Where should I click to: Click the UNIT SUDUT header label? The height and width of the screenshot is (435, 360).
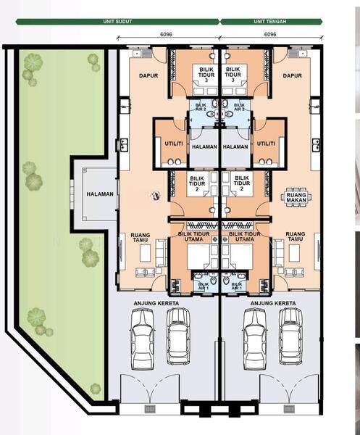coord(117,21)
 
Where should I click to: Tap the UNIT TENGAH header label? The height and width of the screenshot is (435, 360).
coord(270,21)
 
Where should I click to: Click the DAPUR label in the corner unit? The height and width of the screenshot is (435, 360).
coord(148,75)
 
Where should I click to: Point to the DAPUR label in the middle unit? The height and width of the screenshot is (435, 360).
coord(293,75)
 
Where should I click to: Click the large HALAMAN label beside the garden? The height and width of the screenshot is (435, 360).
coord(100,194)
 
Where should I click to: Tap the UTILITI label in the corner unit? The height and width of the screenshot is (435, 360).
coord(174,144)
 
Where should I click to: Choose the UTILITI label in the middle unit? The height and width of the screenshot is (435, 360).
coord(266,144)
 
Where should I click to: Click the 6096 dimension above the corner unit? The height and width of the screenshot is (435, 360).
coord(166,34)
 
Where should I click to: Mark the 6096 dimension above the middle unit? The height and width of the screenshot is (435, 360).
coord(270,34)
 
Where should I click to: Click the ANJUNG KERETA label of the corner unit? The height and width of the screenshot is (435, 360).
coord(156,304)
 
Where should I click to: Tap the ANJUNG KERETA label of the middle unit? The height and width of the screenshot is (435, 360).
coord(273,304)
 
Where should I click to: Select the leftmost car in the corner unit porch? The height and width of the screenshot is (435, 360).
coord(143,339)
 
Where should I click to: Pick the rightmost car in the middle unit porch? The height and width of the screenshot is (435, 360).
coord(290,336)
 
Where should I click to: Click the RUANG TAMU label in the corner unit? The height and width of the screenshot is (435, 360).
coord(141,237)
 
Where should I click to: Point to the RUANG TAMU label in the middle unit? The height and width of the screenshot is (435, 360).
coord(296,236)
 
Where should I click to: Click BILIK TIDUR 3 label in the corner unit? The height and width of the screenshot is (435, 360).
coord(206,75)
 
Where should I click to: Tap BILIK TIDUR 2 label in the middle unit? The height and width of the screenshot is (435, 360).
coord(242,183)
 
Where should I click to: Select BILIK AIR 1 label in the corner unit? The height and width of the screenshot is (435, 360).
coord(204,286)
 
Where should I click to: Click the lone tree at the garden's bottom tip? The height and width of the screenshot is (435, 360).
coord(95,389)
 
